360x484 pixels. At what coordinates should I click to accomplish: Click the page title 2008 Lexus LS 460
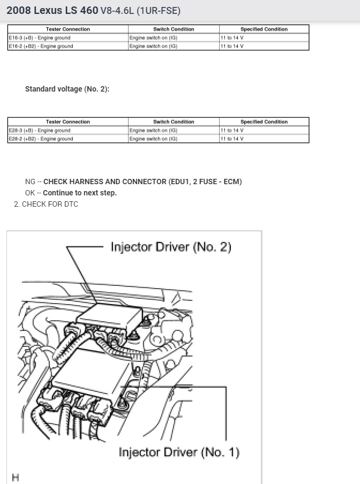click(x=52, y=10)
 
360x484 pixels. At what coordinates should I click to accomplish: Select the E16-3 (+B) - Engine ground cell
click(x=39, y=38)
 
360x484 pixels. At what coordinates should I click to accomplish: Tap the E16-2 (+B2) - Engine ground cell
click(x=41, y=46)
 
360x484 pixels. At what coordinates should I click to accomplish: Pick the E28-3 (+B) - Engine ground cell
click(x=39, y=130)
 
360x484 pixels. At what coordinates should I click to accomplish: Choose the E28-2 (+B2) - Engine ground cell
click(x=41, y=139)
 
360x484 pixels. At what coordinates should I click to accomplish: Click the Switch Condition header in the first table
click(x=174, y=29)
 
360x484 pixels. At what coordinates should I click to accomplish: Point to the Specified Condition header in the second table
click(x=264, y=122)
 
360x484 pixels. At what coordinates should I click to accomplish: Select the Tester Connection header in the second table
click(x=67, y=122)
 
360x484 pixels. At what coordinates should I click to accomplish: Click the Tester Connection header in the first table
click(x=67, y=29)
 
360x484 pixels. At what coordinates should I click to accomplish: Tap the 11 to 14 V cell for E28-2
click(x=232, y=139)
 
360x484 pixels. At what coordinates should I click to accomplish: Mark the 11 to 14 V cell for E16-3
click(x=232, y=38)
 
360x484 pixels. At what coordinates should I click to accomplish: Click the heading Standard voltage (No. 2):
click(x=67, y=89)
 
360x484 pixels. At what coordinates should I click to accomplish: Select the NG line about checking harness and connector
click(x=133, y=182)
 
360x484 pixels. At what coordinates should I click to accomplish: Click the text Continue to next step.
click(x=79, y=193)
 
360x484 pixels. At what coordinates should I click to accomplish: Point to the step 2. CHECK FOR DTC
click(x=46, y=204)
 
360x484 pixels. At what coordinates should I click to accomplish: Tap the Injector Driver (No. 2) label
click(x=170, y=247)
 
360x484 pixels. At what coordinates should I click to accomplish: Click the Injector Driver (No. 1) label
click(x=179, y=452)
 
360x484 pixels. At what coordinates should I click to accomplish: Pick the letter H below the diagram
click(x=15, y=477)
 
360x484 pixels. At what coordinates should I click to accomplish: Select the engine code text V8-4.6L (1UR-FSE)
click(x=140, y=11)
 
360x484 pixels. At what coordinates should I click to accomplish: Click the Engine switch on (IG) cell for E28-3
click(x=153, y=130)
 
